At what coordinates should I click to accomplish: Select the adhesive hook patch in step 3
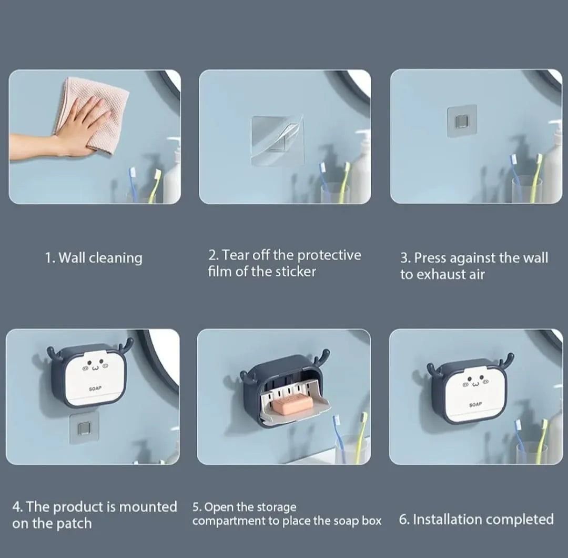pos(462,121)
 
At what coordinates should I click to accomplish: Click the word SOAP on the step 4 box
pos(95,388)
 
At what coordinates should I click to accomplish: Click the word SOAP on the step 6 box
pos(475,404)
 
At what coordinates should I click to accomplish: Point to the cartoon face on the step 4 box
pos(95,366)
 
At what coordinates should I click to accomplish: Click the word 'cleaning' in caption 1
pos(116,258)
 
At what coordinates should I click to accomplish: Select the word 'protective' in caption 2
pos(329,255)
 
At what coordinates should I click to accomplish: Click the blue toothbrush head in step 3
pos(513,160)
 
